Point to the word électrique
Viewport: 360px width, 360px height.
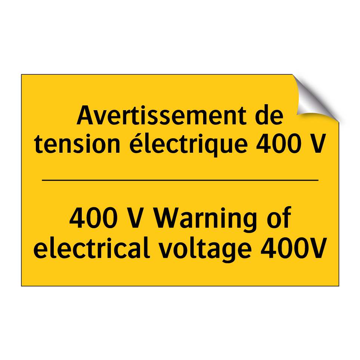point(189,145)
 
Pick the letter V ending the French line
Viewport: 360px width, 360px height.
point(318,145)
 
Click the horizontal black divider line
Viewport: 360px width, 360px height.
point(180,180)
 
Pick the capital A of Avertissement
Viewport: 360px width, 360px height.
point(85,116)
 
